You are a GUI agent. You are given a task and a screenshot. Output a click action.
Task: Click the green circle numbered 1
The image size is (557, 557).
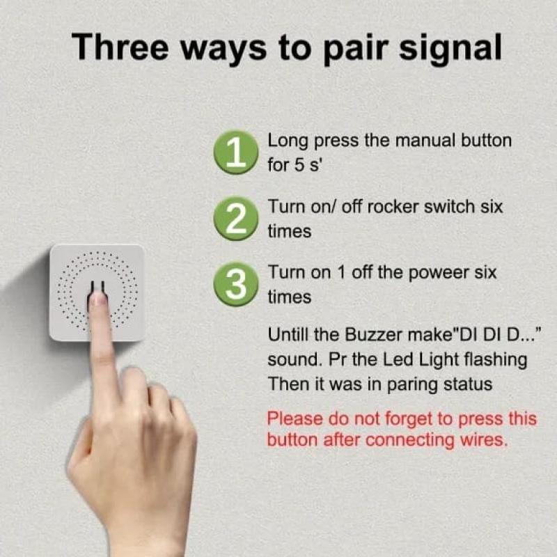(236, 152)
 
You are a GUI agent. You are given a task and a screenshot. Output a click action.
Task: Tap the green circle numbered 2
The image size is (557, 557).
(236, 219)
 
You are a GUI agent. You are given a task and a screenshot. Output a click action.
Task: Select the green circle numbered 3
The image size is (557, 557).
(236, 284)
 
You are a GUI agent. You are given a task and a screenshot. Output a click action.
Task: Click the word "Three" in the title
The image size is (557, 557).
(120, 47)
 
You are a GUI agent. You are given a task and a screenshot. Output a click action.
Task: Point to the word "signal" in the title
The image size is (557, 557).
(450, 49)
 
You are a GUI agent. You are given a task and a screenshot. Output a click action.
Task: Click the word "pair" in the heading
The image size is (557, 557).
(356, 49)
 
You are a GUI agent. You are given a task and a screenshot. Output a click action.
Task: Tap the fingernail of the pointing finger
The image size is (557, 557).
(99, 299)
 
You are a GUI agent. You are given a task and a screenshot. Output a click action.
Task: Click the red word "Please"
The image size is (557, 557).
(295, 418)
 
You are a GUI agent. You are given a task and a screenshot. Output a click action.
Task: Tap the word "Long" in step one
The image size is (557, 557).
(288, 142)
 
